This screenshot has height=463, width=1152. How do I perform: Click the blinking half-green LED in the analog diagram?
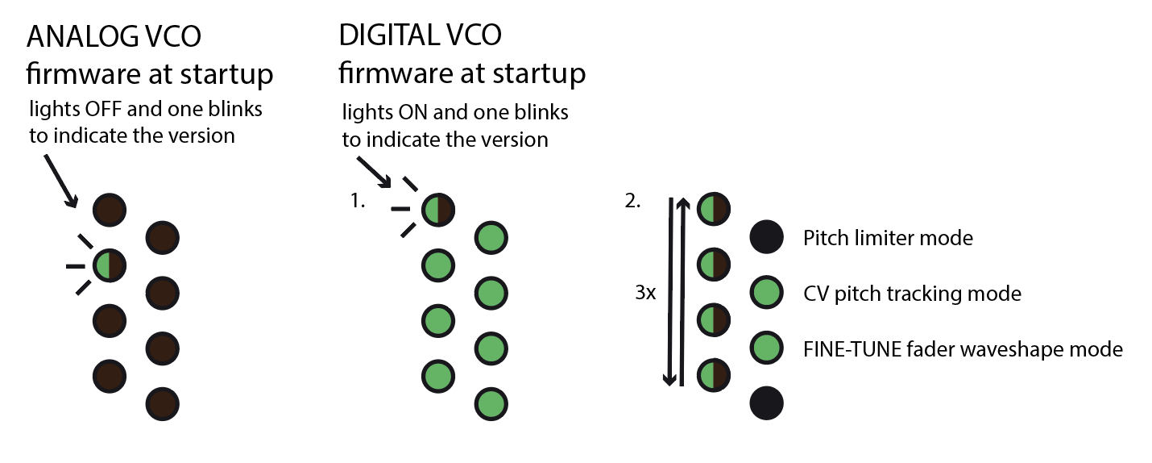coord(108,265)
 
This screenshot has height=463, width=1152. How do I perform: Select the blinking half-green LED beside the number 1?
coord(437,210)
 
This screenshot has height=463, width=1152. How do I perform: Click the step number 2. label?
coord(634,202)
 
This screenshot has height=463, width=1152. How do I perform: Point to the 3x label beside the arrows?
coord(646,293)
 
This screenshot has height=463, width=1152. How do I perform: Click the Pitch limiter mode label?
coord(888,238)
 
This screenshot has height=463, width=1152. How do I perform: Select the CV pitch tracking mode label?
coord(912,294)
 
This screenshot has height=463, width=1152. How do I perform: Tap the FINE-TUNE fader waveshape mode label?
coord(963,349)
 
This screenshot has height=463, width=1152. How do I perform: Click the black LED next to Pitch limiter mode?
coord(766,237)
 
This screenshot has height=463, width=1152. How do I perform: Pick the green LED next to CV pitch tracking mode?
coord(766,293)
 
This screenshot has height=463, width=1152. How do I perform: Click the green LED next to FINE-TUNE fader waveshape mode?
coord(766,348)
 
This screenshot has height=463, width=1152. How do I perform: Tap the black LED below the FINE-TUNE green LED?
coord(766,403)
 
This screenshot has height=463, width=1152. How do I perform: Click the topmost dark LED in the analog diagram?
coord(108,210)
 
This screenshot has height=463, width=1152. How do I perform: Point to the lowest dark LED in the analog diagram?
coord(162,403)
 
